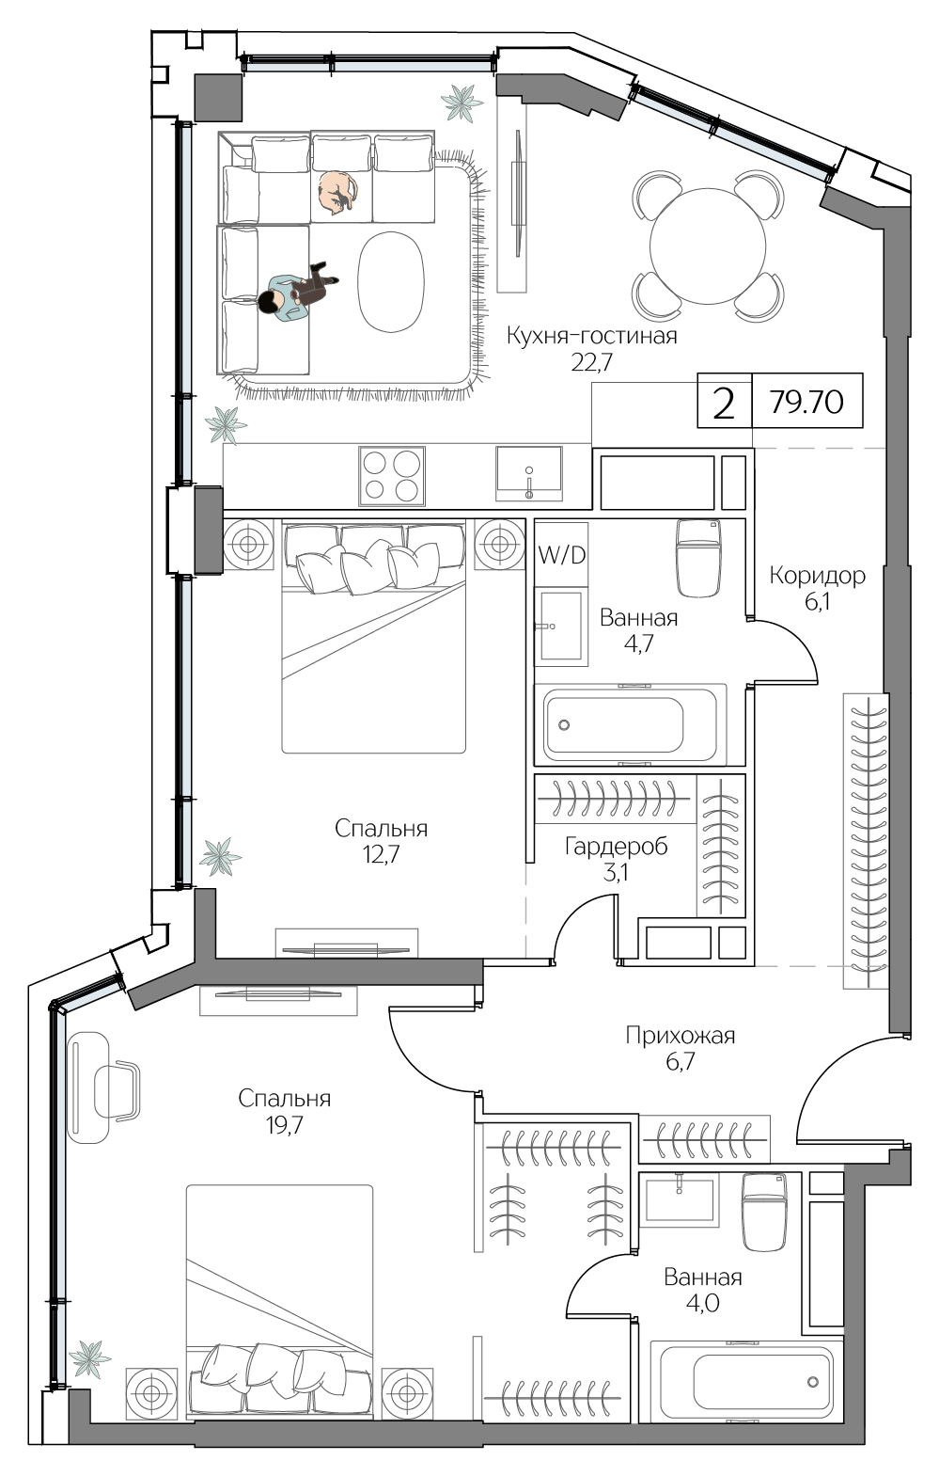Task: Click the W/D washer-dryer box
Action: [x=561, y=555]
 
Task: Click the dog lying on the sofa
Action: [x=336, y=192]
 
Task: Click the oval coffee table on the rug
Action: [x=391, y=281]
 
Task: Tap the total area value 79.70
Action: [x=806, y=403]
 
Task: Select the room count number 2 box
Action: [x=724, y=403]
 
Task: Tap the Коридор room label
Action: [x=817, y=575]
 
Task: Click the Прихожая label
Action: [x=680, y=1036]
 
